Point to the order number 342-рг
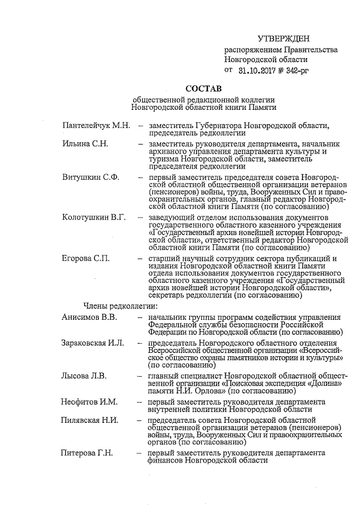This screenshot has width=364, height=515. [x=292, y=71]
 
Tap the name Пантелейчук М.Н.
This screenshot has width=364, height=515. [x=97, y=125]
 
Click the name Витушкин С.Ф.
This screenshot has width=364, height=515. [x=90, y=178]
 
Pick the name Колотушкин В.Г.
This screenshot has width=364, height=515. [x=94, y=218]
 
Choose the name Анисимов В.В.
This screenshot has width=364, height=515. [x=89, y=317]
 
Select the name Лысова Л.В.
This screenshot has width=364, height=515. [x=84, y=376]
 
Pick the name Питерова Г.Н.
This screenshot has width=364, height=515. [x=87, y=453]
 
